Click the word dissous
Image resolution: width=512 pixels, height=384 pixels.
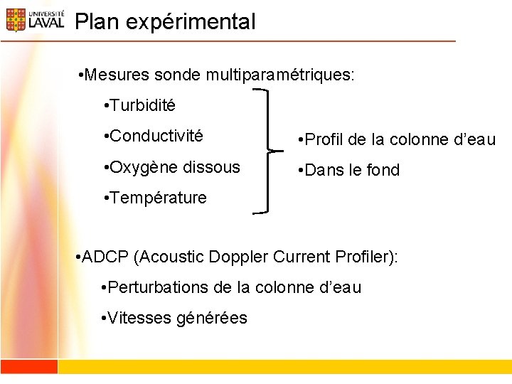tap(211, 167)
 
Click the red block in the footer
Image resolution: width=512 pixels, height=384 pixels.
tap(28, 366)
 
